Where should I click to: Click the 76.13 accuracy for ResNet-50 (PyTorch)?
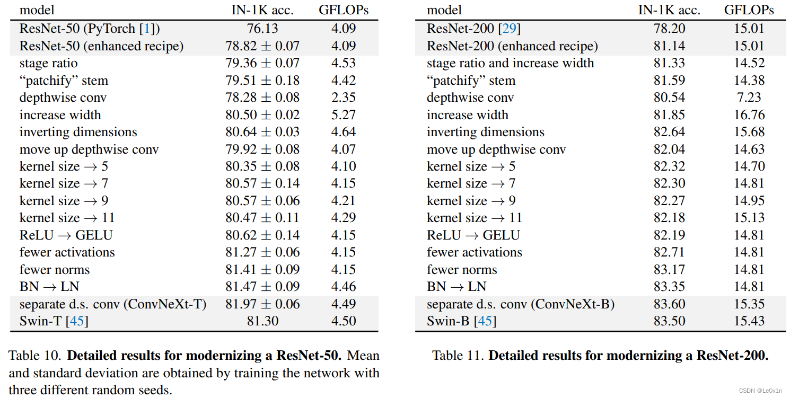point(262,29)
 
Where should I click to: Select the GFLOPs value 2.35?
point(343,98)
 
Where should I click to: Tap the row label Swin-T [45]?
point(54,321)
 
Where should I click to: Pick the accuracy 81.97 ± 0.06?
point(262,304)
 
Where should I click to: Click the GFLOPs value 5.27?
point(343,114)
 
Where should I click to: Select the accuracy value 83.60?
point(669,304)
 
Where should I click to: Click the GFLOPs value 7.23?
point(749,98)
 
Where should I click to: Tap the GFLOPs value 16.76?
point(749,114)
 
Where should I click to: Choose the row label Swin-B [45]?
point(461,321)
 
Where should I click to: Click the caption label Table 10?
point(34,355)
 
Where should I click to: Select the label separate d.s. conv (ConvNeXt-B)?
point(520,304)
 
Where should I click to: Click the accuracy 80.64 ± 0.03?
point(262,132)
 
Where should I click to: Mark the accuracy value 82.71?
point(669,252)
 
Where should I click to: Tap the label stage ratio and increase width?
point(510,63)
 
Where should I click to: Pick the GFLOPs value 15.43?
point(749,321)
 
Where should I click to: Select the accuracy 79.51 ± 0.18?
point(262,81)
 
